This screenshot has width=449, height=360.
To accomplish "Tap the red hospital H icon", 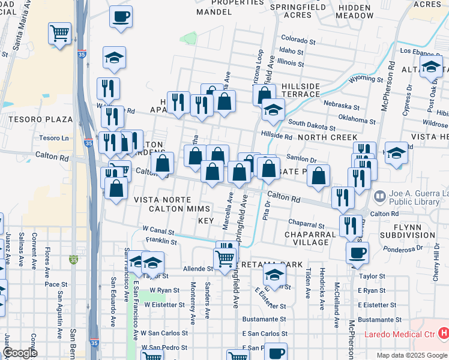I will [x=444, y=332].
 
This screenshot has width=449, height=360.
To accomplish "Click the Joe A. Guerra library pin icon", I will [x=379, y=196].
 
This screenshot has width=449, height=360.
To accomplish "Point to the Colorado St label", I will [x=298, y=41].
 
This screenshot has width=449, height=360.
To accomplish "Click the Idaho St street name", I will [x=291, y=52].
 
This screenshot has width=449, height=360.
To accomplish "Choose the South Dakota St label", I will [x=311, y=125].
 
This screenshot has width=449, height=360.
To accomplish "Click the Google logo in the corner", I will [x=20, y=353].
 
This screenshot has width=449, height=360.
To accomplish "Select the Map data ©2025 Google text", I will [x=412, y=355].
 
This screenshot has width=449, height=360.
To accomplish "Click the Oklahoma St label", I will [x=357, y=119].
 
